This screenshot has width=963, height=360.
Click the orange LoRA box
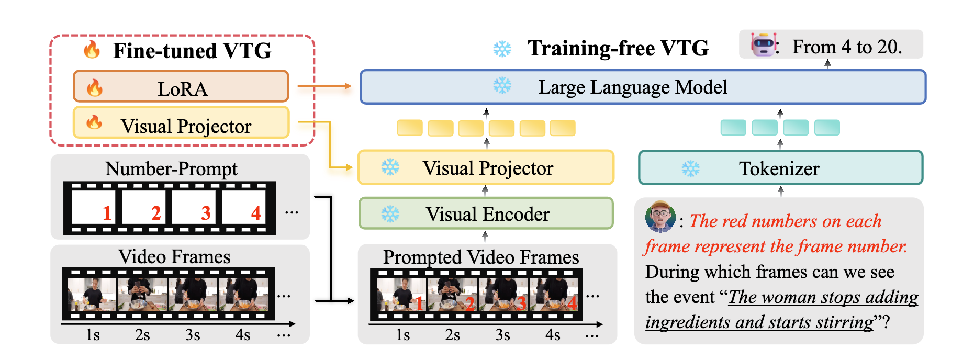[181, 86]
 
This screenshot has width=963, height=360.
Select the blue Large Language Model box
[643, 87]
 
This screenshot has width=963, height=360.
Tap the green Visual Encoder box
[486, 213]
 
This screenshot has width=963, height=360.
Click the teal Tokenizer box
[780, 168]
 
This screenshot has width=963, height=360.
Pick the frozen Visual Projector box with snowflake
[486, 168]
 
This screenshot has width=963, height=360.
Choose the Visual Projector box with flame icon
[181, 123]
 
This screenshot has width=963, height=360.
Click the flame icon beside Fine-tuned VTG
[92, 50]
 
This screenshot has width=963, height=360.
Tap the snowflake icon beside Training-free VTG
[502, 49]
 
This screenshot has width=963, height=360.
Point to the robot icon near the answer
[763, 46]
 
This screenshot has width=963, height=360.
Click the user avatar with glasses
[660, 217]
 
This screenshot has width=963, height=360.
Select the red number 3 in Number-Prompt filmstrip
[206, 213]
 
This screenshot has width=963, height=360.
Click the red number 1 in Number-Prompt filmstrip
[107, 213]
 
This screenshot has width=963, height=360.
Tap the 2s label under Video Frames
[142, 335]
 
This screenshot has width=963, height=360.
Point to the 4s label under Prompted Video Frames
[553, 335]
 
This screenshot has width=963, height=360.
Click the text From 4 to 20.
[847, 47]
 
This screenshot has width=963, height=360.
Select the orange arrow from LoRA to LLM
[324, 86]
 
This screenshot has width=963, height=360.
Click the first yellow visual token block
[409, 128]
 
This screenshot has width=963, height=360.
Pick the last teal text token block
[827, 128]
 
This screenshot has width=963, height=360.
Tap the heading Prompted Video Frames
[481, 257]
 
